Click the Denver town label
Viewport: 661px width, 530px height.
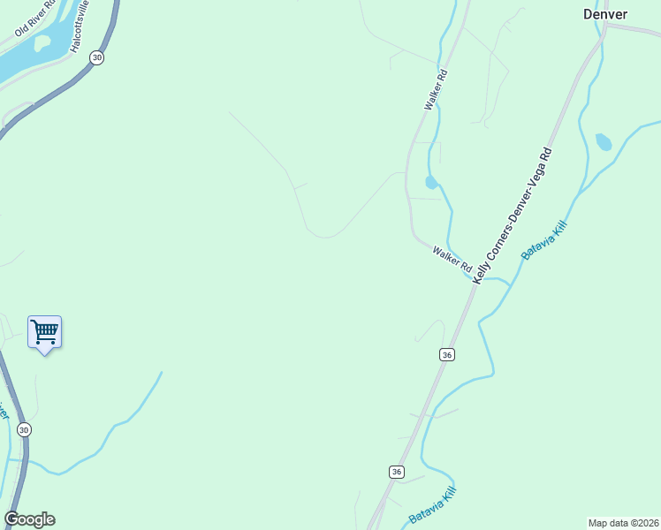pyautogui.click(x=605, y=14)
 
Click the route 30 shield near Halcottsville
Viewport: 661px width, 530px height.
pyautogui.click(x=97, y=57)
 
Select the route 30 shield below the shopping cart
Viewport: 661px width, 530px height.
pyautogui.click(x=24, y=429)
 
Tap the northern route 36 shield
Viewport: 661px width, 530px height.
pyautogui.click(x=447, y=354)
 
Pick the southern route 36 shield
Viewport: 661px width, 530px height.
pyautogui.click(x=397, y=472)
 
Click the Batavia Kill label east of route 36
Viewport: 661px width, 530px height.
pyautogui.click(x=543, y=239)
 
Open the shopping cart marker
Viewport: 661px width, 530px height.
pyautogui.click(x=44, y=333)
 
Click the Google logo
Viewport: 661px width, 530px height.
pyautogui.click(x=29, y=519)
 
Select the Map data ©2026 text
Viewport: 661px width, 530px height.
pyautogui.click(x=623, y=523)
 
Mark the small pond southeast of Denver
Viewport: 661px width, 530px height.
pyautogui.click(x=604, y=141)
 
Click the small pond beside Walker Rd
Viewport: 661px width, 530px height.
pyautogui.click(x=430, y=183)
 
